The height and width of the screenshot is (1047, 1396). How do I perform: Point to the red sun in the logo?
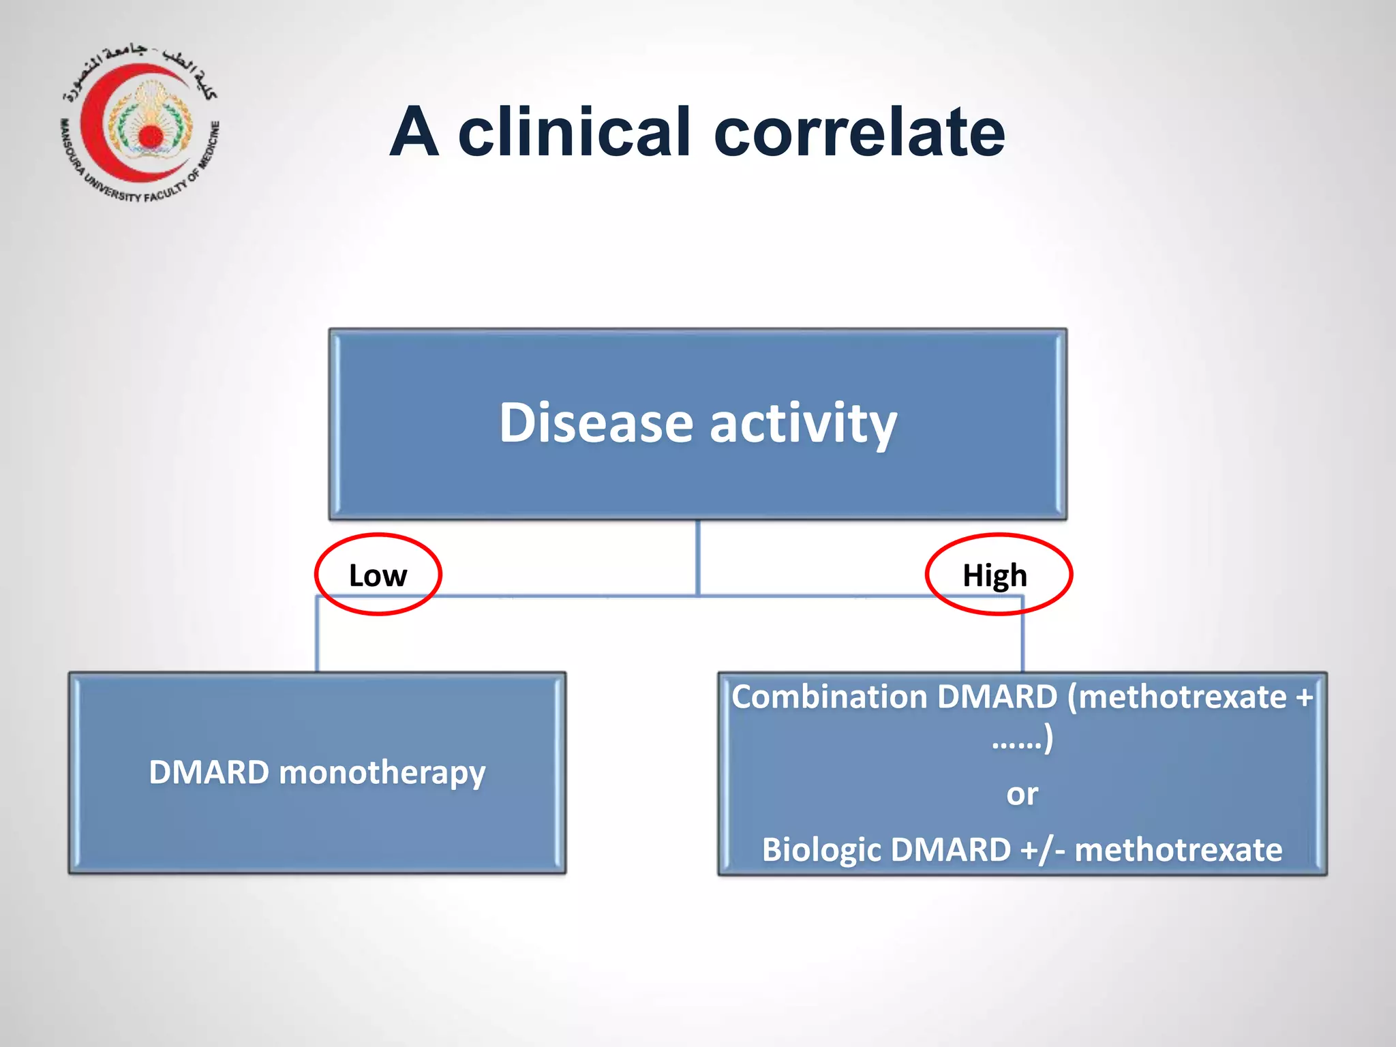click(151, 136)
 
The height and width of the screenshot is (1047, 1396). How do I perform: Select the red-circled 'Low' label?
click(378, 575)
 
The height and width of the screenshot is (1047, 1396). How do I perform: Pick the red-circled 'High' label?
click(995, 575)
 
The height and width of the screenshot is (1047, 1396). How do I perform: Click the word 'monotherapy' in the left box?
click(382, 772)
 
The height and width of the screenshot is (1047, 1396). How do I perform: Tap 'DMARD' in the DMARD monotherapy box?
click(209, 772)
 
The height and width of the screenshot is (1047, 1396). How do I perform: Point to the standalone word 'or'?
click(1022, 794)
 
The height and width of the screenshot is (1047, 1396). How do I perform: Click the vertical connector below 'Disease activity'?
click(697, 556)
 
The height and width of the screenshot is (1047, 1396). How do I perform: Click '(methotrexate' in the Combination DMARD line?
click(1177, 697)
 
